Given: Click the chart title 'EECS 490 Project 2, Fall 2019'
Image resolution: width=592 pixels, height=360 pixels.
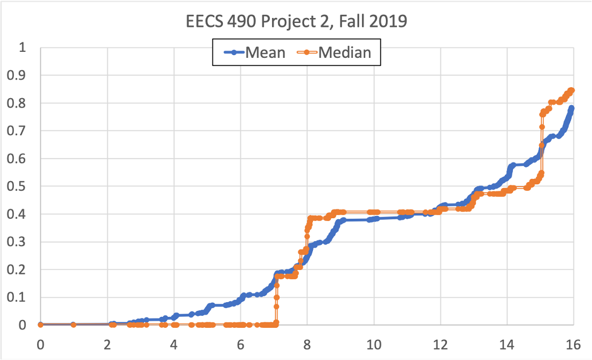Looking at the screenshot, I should click(295, 22).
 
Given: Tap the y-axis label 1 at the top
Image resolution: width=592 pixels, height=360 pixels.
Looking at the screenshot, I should click(22, 47).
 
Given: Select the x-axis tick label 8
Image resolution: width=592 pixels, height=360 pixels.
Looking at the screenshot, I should click(307, 345).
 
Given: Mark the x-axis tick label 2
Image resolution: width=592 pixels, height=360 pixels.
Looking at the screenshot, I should click(107, 345).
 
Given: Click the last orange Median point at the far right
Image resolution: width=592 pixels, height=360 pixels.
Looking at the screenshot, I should click(572, 91).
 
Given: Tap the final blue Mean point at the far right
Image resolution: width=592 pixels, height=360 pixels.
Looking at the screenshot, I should click(571, 109).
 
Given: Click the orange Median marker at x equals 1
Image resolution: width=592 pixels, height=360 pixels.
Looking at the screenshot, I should click(74, 325).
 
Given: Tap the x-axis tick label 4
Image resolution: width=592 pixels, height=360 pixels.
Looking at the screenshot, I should click(174, 345).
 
